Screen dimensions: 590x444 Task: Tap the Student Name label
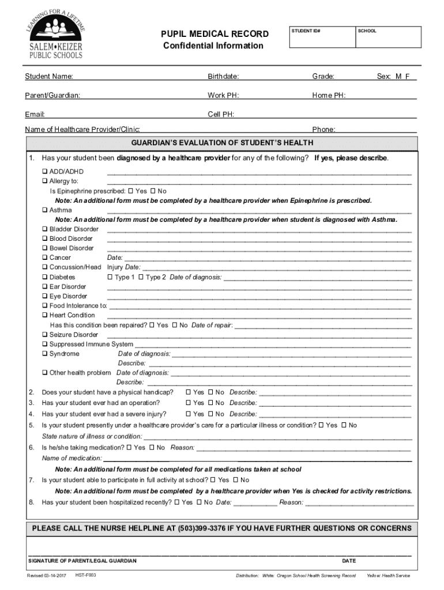click(48, 77)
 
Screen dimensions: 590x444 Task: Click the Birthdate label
click(223, 77)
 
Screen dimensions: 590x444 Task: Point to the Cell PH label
click(220, 114)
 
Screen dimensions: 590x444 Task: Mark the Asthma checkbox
click(45, 210)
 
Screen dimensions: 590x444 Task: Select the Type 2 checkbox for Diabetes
click(141, 277)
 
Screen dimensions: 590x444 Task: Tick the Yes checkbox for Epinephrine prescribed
click(130, 191)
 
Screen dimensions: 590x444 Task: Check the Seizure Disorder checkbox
click(45, 335)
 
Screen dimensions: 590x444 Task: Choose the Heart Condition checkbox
click(45, 315)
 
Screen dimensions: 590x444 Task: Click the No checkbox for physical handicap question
click(210, 392)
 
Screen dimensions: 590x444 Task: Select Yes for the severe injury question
click(188, 414)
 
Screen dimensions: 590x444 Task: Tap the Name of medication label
click(72, 458)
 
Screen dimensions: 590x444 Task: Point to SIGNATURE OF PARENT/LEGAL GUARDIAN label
click(82, 561)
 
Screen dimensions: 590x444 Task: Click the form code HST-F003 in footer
click(85, 576)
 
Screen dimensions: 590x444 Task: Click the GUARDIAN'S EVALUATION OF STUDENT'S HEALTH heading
click(222, 143)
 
